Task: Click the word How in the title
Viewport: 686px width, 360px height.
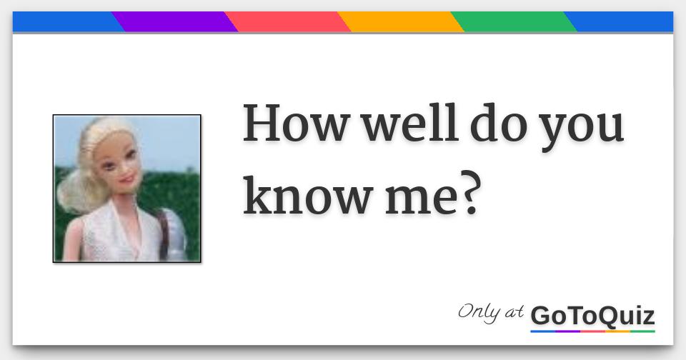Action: tap(295, 124)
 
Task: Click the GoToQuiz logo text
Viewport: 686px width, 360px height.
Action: tap(592, 315)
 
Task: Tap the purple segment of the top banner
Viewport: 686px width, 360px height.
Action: tap(175, 22)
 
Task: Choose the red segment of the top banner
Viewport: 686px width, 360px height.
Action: tap(288, 22)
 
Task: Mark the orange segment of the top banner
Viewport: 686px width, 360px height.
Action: tap(401, 22)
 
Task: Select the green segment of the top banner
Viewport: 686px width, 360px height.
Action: tap(514, 22)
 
